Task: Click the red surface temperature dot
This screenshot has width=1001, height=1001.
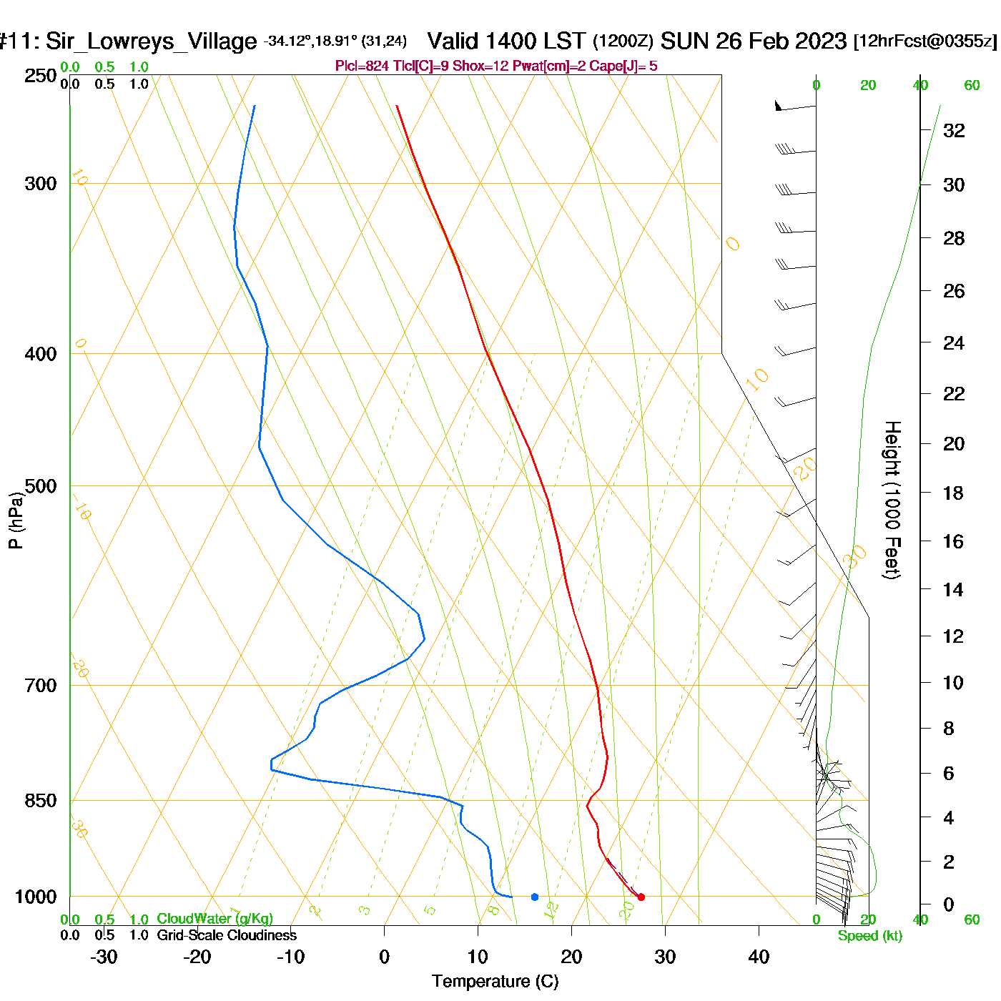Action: point(641,897)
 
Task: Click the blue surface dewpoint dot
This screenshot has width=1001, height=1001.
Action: point(534,897)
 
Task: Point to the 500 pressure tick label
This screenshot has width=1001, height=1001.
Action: point(41,486)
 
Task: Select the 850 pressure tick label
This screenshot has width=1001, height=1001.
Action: point(41,801)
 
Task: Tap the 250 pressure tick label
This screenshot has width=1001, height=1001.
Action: point(41,76)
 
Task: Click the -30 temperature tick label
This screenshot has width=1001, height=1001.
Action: point(104,957)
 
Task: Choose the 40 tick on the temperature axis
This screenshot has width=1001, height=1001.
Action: point(759,957)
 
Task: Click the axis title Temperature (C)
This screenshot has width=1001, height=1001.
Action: point(495,981)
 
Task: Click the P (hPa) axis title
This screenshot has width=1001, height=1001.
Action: point(16,520)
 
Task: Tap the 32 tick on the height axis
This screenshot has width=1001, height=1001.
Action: point(954,130)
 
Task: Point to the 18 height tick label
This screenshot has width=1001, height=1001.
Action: point(954,493)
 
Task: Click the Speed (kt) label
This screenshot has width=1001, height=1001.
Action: point(870,936)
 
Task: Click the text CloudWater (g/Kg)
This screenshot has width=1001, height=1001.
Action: point(214,919)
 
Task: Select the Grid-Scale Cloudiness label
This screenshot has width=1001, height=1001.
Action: point(227,935)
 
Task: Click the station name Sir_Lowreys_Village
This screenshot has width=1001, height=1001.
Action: point(151,41)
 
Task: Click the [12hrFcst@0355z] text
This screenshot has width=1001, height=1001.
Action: point(925,41)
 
